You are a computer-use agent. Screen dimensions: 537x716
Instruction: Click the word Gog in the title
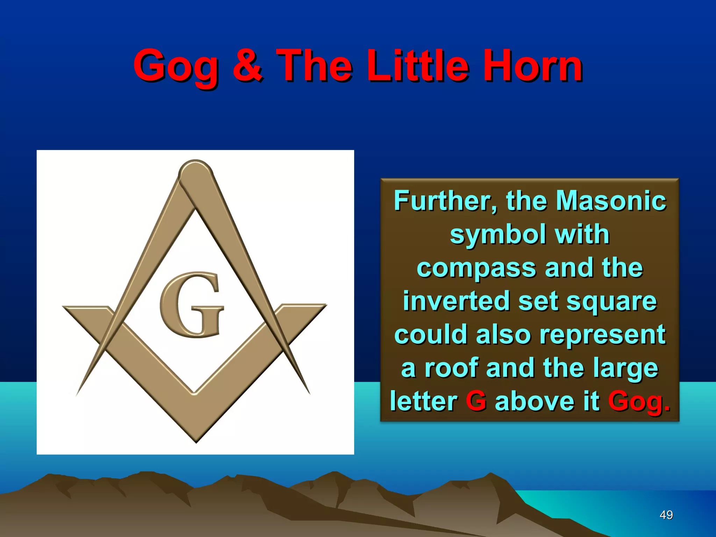[177, 66]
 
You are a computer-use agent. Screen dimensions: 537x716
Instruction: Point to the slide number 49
[666, 515]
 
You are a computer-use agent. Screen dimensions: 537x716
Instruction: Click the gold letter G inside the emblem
[192, 305]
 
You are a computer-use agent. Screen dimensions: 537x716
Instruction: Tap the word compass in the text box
[476, 268]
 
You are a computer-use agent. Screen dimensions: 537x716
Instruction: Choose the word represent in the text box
[602, 335]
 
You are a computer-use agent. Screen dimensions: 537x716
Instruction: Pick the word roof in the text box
[451, 368]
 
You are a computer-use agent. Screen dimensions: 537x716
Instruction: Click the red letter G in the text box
[476, 401]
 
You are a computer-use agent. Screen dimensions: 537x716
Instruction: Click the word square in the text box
[611, 302]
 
